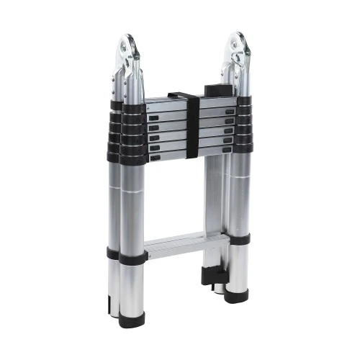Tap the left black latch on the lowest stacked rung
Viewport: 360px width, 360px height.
pos(153,150)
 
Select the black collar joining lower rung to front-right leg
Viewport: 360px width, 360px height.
pos(238,240)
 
